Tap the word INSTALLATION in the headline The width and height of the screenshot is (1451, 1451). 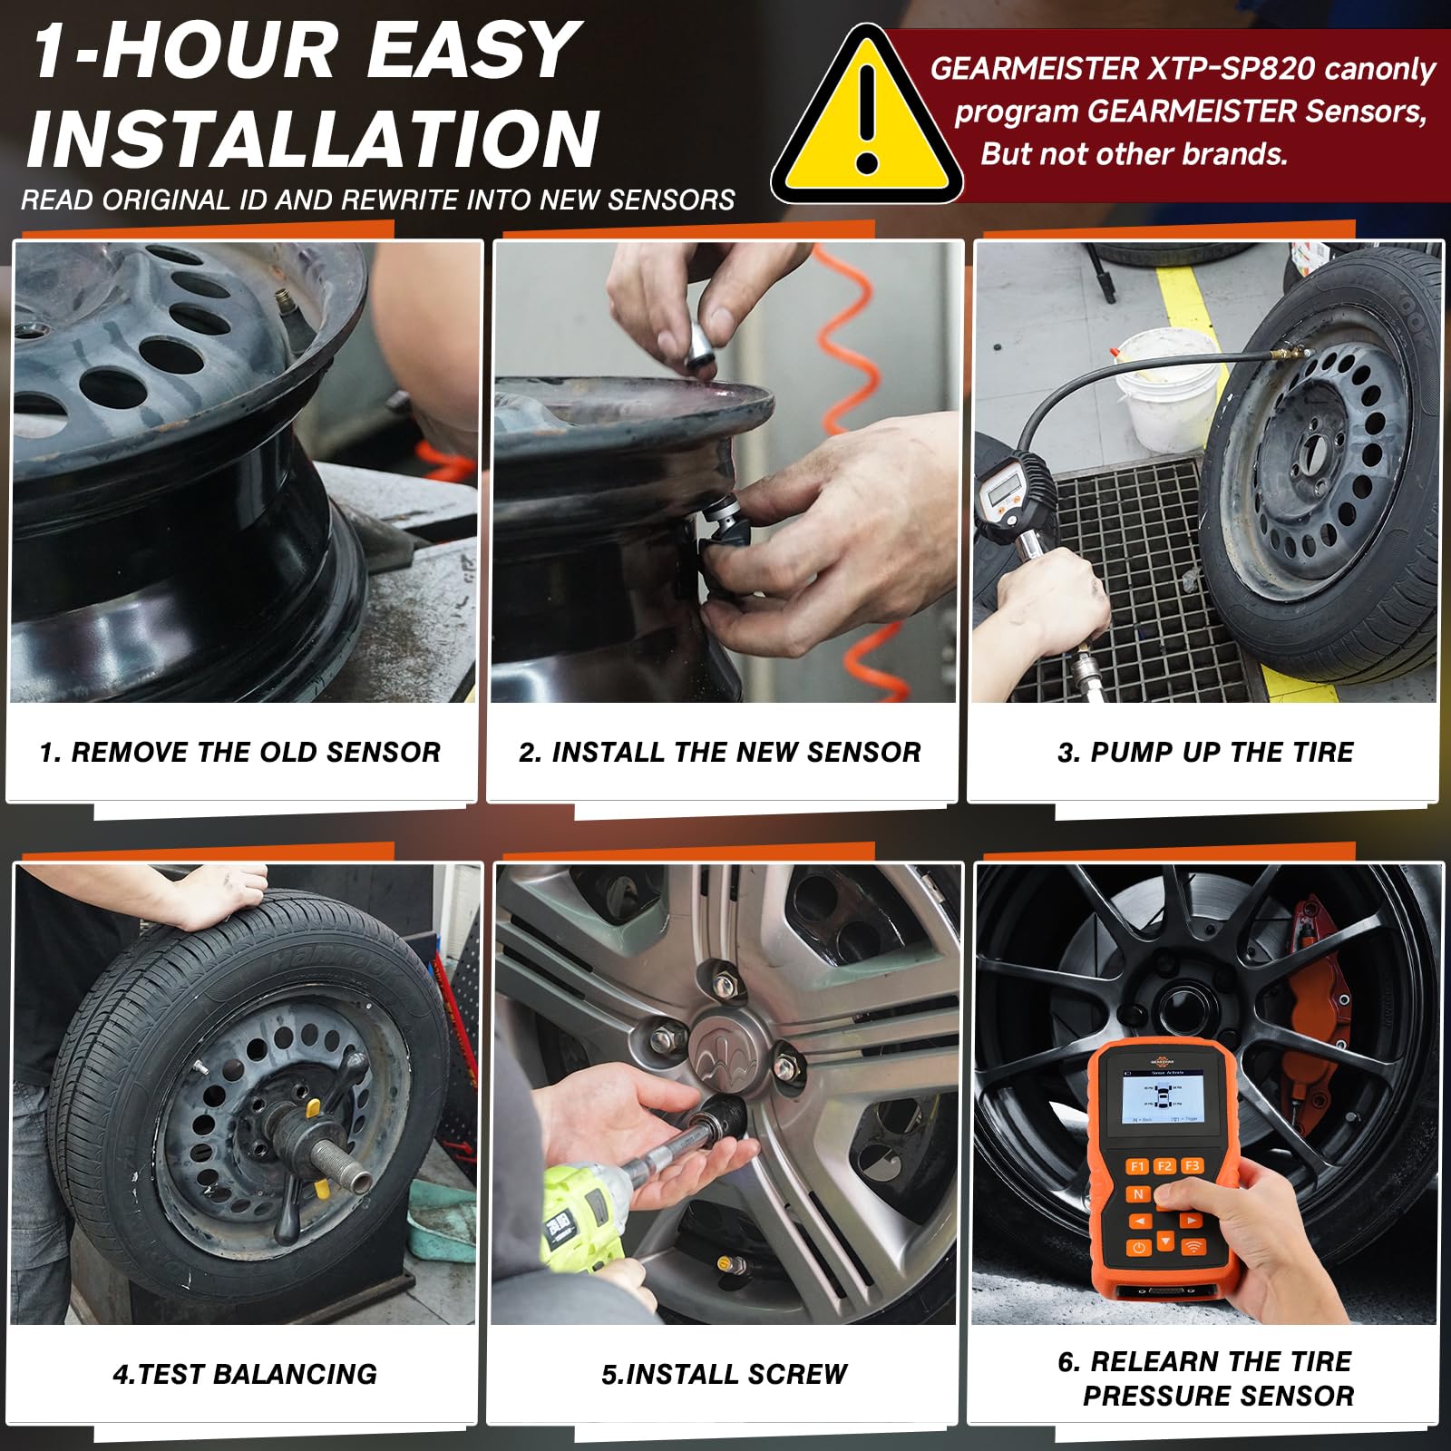pos(314,139)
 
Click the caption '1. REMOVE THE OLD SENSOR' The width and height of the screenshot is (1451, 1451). pos(240,752)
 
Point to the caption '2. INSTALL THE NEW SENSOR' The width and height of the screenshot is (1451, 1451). pos(720,752)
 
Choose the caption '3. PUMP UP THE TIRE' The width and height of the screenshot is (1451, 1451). pos(1205,752)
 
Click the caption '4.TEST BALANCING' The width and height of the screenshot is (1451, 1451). pos(245,1374)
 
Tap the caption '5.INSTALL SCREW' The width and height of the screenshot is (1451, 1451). pos(725,1374)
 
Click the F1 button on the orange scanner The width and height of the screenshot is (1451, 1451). pos(1137,1166)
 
